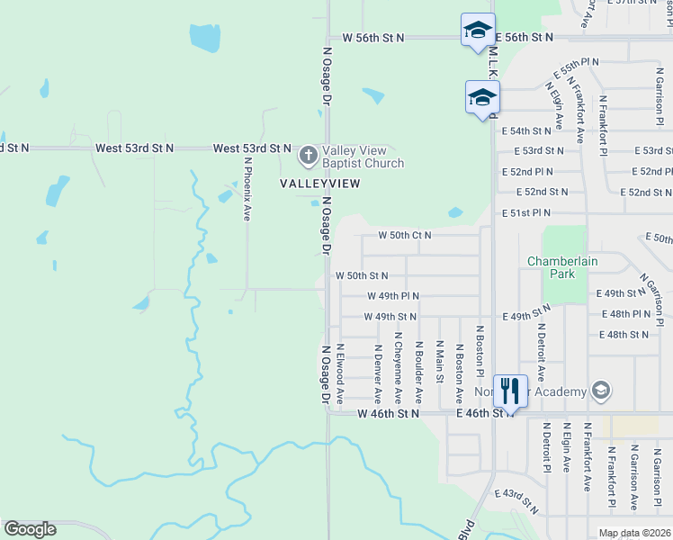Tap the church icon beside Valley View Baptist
click(309, 157)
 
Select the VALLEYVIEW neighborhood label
click(320, 184)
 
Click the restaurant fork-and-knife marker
click(510, 390)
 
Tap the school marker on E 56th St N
click(477, 31)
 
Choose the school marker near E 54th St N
click(481, 97)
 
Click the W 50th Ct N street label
click(404, 235)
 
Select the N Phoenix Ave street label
click(247, 189)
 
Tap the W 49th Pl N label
click(392, 295)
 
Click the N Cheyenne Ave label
click(398, 368)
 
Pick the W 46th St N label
click(389, 413)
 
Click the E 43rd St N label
click(517, 502)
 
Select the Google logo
click(31, 528)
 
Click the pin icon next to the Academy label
click(601, 391)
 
